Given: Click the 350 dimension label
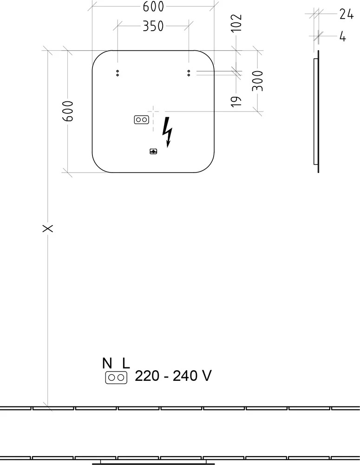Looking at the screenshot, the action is [153, 26].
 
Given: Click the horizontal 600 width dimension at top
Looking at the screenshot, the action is [153, 7].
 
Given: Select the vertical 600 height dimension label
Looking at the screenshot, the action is [68, 111].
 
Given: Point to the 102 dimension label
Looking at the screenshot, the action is [236, 23].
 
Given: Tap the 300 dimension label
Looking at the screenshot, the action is [257, 81].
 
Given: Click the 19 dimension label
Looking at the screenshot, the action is [236, 101].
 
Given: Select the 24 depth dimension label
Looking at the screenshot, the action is [347, 14].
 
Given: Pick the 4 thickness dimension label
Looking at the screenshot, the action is [342, 37].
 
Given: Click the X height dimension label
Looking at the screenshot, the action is [48, 228].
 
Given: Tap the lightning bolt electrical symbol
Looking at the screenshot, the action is [167, 132].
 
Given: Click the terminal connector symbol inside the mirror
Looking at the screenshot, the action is [141, 120].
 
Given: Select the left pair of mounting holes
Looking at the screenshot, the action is [118, 73].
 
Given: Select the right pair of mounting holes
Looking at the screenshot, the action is [189, 73].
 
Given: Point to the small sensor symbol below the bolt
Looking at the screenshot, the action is [153, 152].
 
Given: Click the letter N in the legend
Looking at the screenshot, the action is [107, 363].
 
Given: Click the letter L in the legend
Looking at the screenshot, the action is [126, 363].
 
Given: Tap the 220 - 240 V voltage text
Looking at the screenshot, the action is [173, 376].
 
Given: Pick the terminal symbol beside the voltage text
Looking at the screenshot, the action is [116, 378].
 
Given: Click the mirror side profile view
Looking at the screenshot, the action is [316, 112].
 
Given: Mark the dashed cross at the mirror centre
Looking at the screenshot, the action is [153, 112].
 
